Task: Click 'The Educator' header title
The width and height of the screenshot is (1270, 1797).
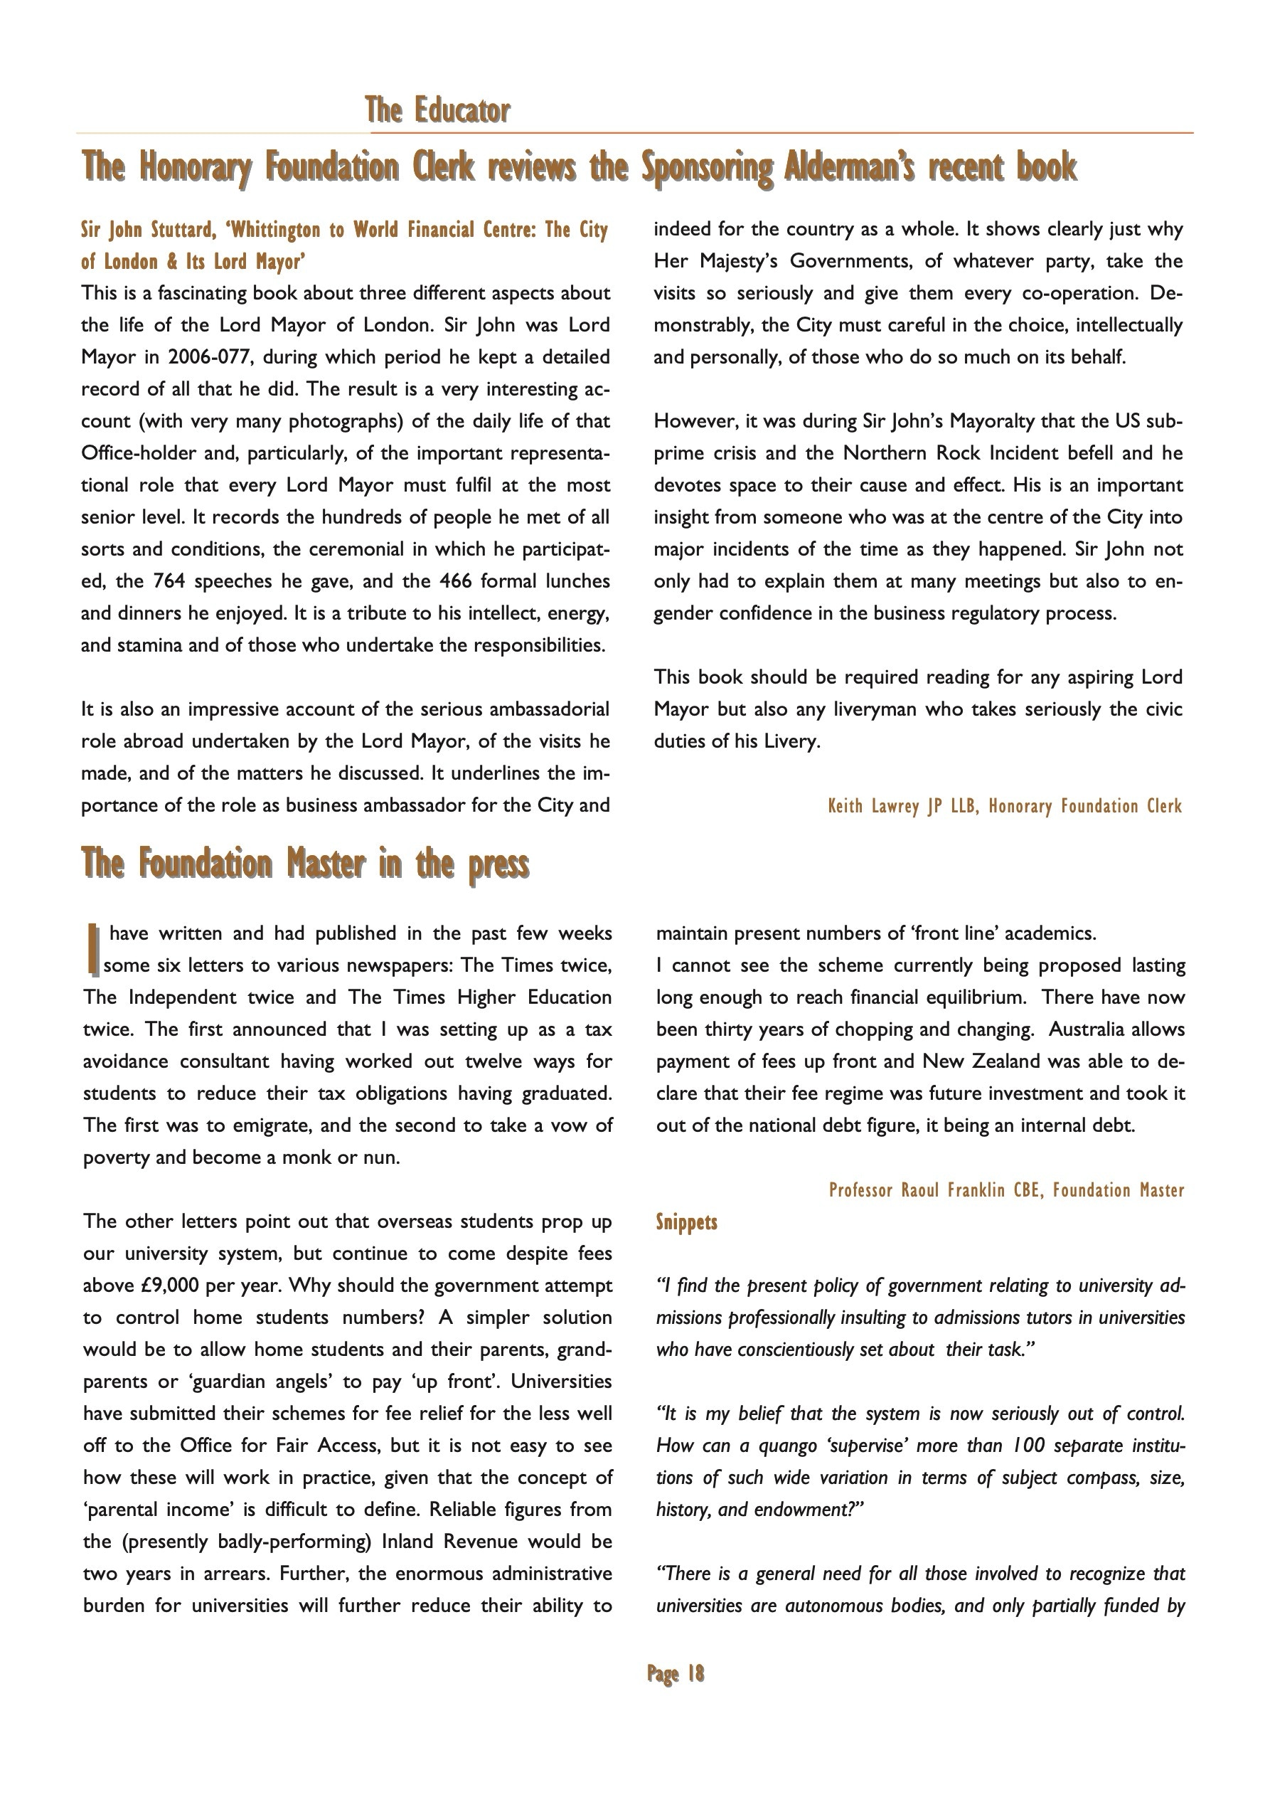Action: pyautogui.click(x=437, y=110)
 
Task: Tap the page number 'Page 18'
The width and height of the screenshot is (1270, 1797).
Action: pyautogui.click(x=676, y=1673)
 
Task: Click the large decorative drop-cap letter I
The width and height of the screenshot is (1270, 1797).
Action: pyautogui.click(x=93, y=948)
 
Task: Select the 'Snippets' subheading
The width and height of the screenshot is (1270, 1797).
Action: pyautogui.click(x=686, y=1221)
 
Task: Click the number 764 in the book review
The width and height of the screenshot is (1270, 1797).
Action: pyautogui.click(x=169, y=581)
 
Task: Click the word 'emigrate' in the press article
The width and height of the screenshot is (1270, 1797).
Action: pyautogui.click(x=256, y=1125)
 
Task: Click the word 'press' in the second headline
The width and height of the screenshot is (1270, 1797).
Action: pyautogui.click(x=498, y=864)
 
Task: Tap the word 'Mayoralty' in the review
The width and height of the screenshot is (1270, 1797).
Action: pyautogui.click(x=992, y=421)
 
